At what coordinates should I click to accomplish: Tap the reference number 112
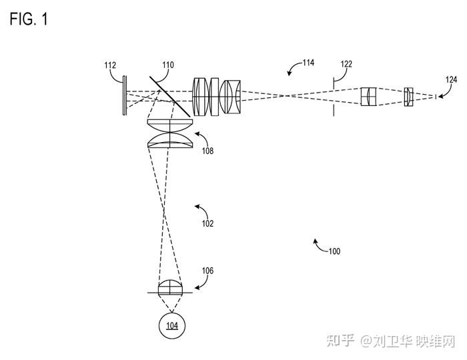coord(111,65)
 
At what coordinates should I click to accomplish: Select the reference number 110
coord(167,65)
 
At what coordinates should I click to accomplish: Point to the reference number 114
coord(308,63)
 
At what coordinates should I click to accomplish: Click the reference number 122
coord(346,65)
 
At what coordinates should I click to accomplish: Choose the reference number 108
coord(207,151)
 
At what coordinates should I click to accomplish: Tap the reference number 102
coord(207,224)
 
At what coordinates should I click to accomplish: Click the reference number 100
coord(334,251)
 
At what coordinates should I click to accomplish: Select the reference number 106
coord(207,271)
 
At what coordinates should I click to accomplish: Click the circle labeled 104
coord(172,325)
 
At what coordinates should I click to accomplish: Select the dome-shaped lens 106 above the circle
coord(171,287)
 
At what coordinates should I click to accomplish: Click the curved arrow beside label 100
coord(318,245)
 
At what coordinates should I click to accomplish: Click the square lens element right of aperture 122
coord(369,96)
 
